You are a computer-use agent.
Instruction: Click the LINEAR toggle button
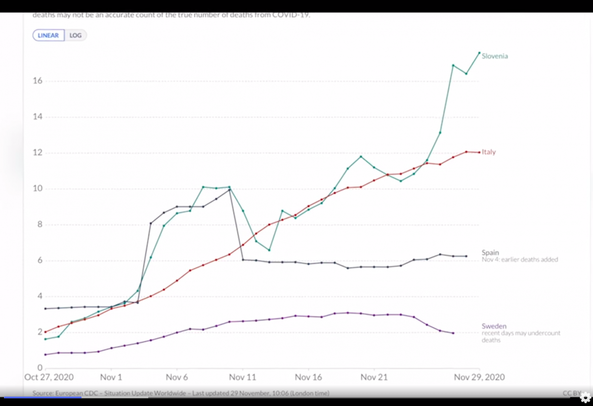coord(48,36)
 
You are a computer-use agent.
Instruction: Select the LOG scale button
coord(76,36)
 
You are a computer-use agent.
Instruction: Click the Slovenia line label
coord(495,56)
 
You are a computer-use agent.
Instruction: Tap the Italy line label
coord(489,152)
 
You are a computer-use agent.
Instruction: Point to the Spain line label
coord(490,253)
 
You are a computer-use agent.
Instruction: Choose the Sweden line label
coord(494,326)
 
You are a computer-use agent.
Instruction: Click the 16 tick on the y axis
coord(36,81)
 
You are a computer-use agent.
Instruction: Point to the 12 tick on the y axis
coord(36,153)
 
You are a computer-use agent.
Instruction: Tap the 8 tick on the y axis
coord(38,225)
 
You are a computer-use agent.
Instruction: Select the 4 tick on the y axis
coord(38,297)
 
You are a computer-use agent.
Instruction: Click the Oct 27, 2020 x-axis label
coord(49,377)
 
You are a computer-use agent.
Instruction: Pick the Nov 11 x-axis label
coord(243,377)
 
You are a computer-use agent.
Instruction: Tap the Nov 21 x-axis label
coord(374,377)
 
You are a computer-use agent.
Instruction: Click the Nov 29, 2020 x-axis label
coord(479,377)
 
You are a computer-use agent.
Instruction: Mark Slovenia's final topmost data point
coord(479,53)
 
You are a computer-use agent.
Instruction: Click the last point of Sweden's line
coord(453,333)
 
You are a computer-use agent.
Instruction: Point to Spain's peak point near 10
coord(229,190)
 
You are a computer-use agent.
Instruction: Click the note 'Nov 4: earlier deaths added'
coord(520,260)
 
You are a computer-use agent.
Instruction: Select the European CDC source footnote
coord(181,394)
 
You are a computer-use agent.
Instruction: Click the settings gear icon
coord(585,397)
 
